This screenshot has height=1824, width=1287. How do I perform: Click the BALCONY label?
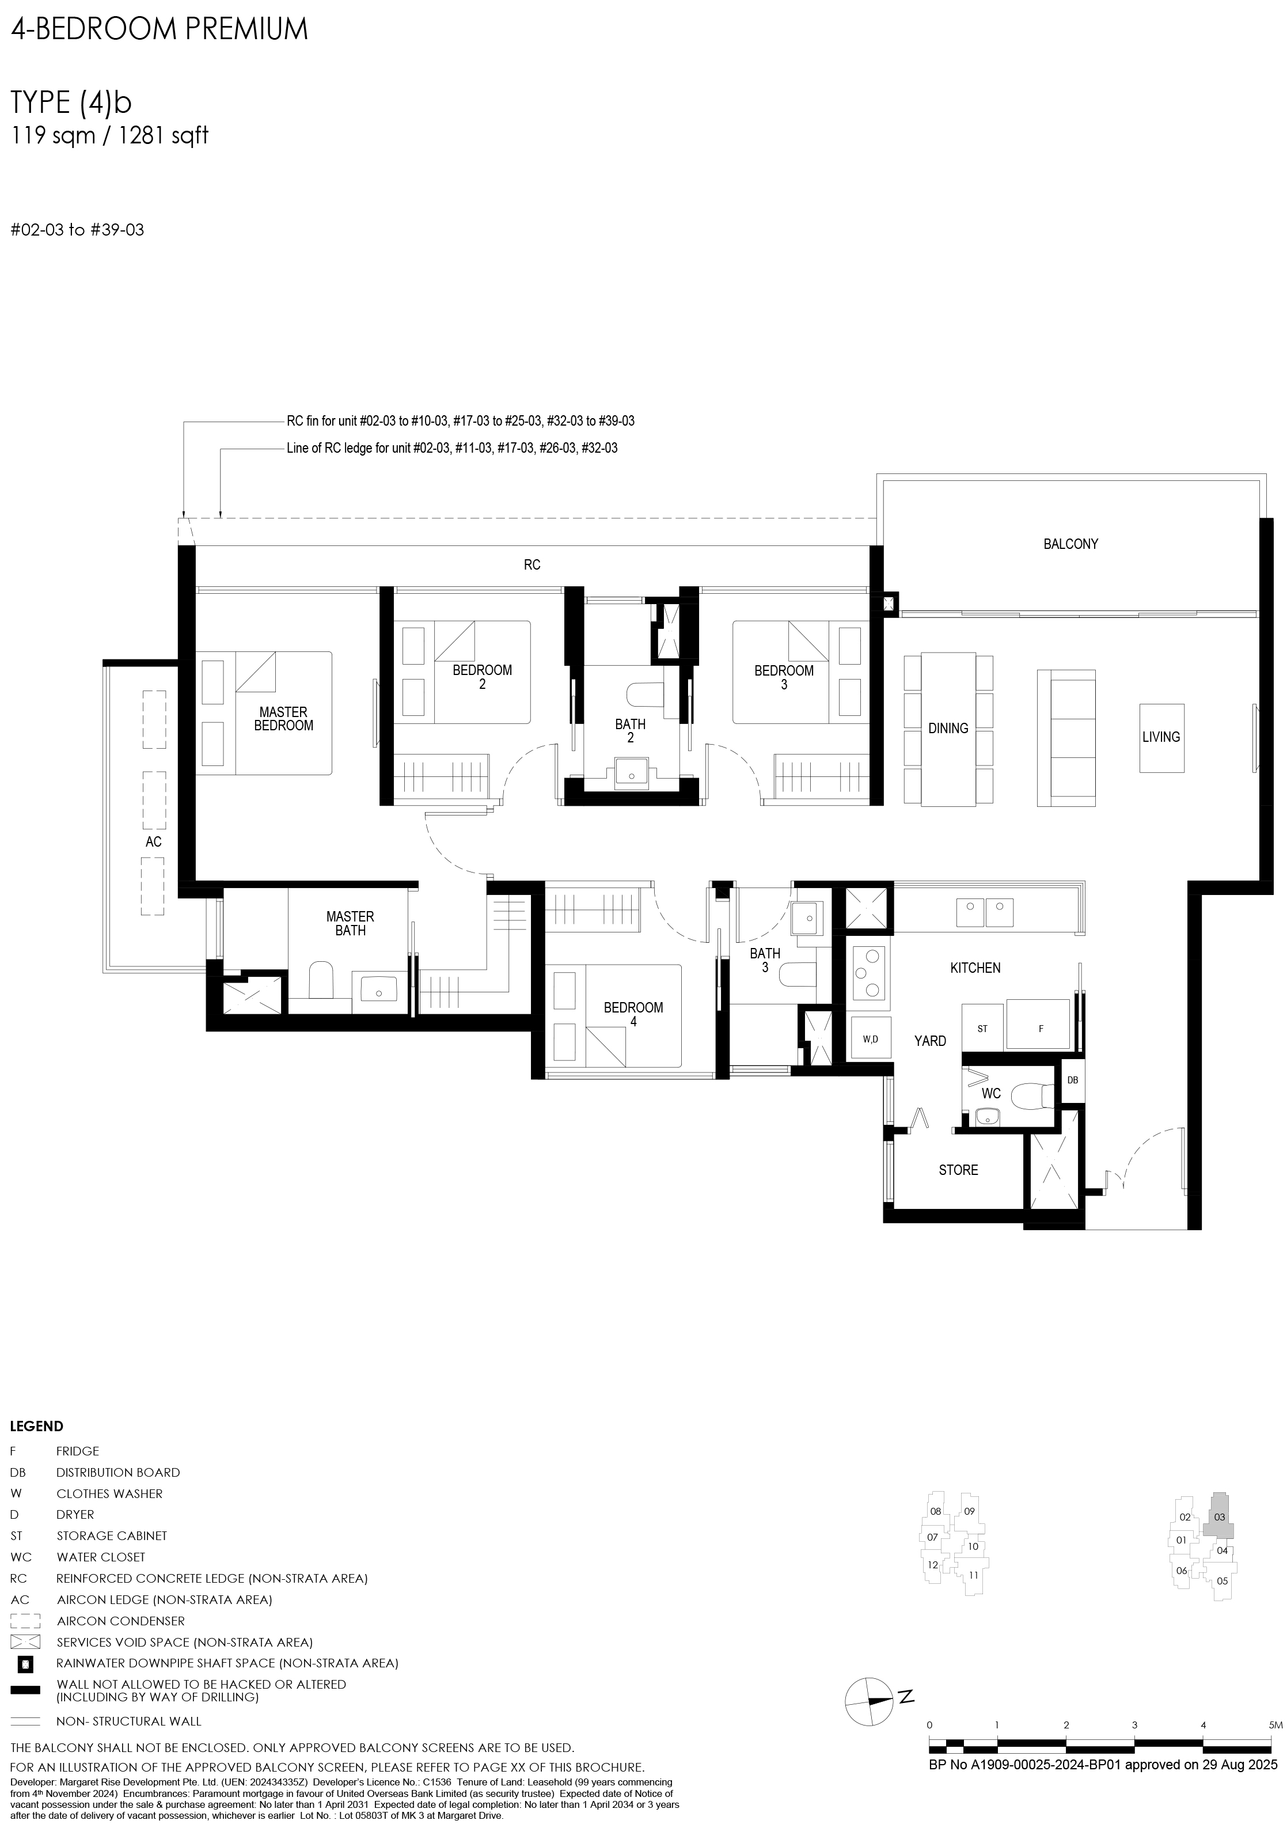pos(1070,544)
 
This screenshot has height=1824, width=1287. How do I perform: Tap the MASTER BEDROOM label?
pos(284,718)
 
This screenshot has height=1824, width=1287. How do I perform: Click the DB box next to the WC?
pos(1072,1080)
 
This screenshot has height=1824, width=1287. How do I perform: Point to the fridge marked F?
pos(1041,1028)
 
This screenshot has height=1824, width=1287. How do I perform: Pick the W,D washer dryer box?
pos(871,1039)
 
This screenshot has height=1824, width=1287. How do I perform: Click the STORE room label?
pos(958,1170)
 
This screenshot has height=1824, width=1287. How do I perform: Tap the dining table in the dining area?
pos(948,729)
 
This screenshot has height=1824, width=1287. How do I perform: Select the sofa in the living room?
pos(1066,738)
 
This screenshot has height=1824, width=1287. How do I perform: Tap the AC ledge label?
pos(153,841)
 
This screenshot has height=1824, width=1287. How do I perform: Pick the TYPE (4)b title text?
pos(71,103)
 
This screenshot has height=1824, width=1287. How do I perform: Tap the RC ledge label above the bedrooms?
pos(532,565)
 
